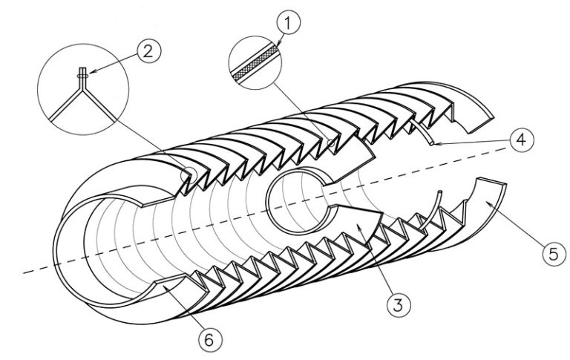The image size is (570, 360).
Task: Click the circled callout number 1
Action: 288,22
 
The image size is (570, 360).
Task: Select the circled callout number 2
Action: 148,52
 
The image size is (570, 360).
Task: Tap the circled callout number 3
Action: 399,304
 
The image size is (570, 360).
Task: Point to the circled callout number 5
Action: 554,253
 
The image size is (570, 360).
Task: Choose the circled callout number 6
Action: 209,340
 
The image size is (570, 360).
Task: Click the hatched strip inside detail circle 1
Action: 255,62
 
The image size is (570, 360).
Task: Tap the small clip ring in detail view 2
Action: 82,76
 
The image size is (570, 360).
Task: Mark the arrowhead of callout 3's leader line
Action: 359,227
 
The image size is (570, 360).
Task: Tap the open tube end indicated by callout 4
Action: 432,144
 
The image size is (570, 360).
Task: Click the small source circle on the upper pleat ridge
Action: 331,143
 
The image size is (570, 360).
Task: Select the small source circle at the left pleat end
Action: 189,175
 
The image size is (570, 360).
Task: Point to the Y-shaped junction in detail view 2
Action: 82,88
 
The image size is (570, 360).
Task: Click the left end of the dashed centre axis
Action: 23,272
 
